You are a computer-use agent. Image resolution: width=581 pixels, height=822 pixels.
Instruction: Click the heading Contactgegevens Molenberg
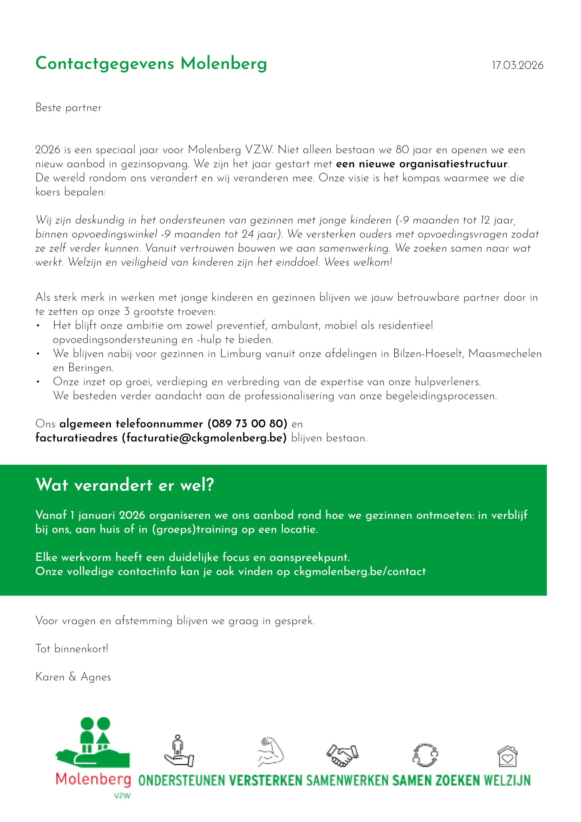click(151, 64)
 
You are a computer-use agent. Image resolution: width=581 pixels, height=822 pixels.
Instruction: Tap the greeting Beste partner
click(68, 108)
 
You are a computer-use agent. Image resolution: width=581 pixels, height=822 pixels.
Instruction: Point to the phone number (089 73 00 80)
click(247, 424)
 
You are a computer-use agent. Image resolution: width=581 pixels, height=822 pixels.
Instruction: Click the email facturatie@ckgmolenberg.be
click(204, 438)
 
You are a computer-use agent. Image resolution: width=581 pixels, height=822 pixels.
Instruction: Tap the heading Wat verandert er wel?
click(125, 485)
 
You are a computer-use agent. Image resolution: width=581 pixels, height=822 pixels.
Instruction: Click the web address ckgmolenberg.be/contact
click(360, 572)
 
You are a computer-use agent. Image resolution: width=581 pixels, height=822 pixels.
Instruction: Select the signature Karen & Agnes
click(73, 677)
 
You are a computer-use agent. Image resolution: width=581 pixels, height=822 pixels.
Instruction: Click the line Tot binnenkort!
click(72, 649)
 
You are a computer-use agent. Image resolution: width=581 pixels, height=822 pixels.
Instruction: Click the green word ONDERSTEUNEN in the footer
click(181, 781)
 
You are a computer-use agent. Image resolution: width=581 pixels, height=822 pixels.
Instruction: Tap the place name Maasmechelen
click(505, 354)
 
